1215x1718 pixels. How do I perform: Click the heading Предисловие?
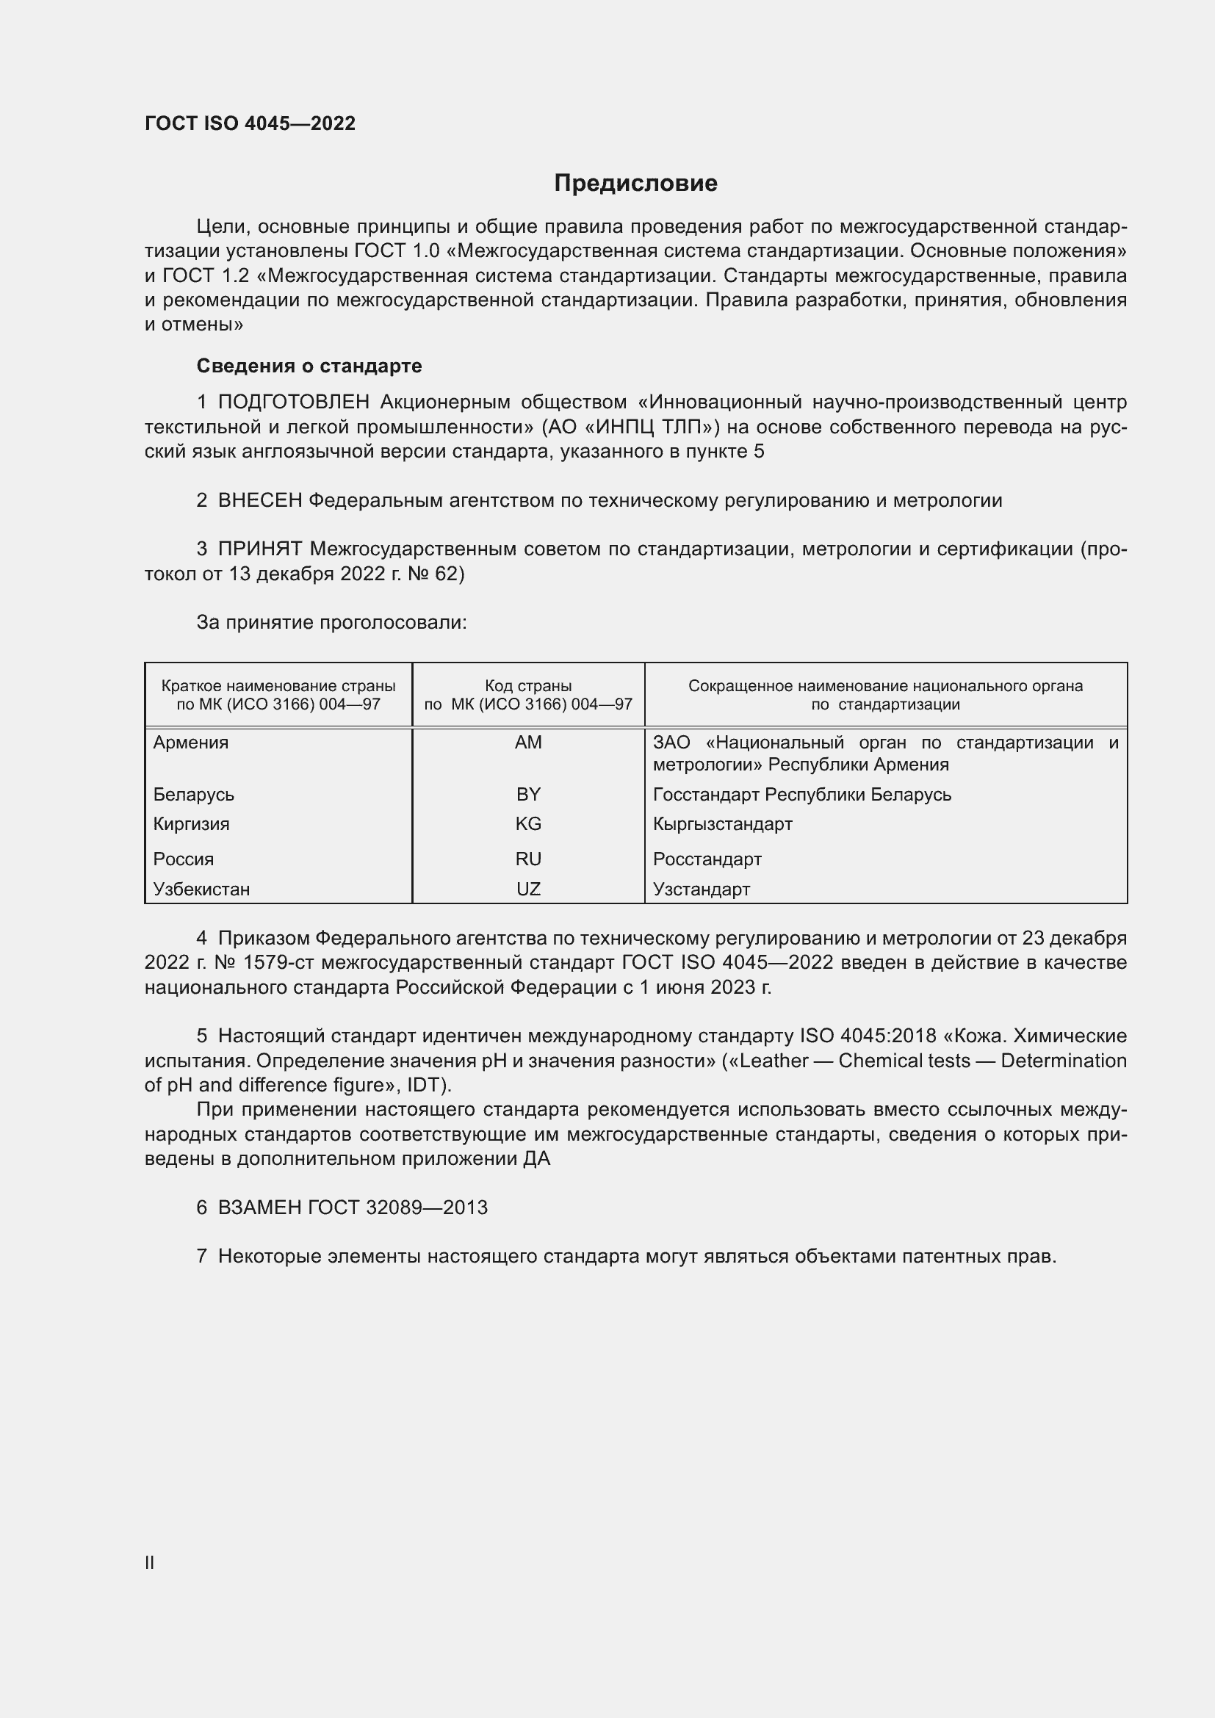(635, 184)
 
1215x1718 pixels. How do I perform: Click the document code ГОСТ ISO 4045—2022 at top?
(250, 123)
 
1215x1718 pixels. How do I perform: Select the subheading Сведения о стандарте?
(309, 366)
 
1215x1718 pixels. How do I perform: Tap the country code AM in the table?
(528, 743)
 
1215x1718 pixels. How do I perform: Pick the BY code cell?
(528, 794)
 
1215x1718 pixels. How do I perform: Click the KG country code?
(528, 824)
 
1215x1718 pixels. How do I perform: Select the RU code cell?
(528, 859)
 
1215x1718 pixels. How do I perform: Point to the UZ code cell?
(528, 889)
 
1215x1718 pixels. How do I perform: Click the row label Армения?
(191, 743)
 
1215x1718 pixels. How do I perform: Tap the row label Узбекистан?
(201, 889)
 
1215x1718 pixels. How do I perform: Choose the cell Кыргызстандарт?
(722, 824)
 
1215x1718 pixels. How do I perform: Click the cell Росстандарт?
(707, 859)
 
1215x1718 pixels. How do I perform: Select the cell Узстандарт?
(701, 889)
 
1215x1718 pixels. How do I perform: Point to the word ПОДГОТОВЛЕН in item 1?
(293, 403)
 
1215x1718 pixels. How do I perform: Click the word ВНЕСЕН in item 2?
(259, 501)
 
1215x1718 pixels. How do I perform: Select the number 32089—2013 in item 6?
(427, 1208)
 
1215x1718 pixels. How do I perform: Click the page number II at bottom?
(150, 1562)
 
